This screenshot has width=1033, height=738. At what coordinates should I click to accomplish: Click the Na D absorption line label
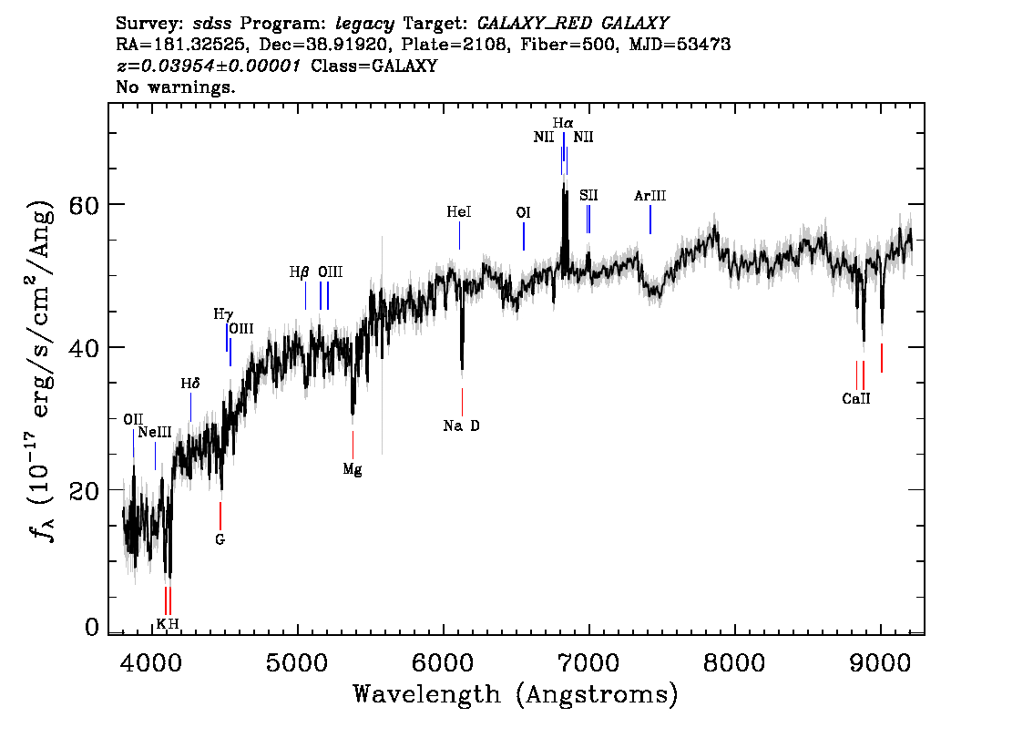pos(461,426)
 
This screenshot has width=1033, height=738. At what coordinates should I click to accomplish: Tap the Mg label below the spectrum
pos(353,470)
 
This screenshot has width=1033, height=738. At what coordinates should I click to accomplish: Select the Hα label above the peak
pos(563,123)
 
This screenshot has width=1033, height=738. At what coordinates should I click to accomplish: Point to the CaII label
pos(856,399)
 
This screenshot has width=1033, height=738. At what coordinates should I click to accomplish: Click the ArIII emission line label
pos(650,196)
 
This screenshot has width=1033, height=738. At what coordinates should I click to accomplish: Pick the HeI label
pos(459,212)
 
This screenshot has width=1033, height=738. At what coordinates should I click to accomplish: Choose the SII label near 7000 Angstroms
pos(589,196)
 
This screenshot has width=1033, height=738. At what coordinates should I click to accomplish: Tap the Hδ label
pos(190,384)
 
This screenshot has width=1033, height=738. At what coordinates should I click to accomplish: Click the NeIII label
pos(155,432)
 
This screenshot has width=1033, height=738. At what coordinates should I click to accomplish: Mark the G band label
pos(220,539)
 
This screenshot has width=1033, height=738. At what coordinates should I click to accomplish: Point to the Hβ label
pos(299,272)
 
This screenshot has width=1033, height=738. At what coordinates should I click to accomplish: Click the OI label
pos(523,213)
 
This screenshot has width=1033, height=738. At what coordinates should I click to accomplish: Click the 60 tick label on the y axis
pos(85,205)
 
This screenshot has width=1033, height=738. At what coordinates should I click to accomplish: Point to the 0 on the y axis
pos(92,627)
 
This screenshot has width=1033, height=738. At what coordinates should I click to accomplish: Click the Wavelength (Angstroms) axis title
pos(516,694)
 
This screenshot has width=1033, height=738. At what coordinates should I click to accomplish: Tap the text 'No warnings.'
pos(175,87)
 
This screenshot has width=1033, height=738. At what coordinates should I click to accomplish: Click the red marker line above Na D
pos(462,402)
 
